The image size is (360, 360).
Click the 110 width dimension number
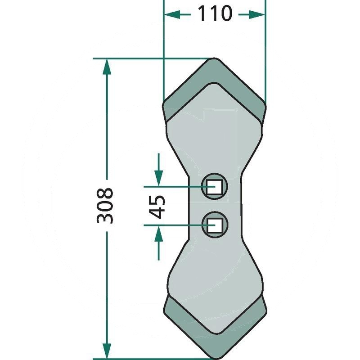pos(215,13)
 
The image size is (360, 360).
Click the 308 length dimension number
pos(105,206)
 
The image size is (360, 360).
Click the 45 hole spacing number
pos(157,207)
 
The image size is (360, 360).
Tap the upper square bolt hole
pos(214,187)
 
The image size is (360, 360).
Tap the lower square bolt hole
pos(215,225)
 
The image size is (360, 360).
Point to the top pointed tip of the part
pos(214,58)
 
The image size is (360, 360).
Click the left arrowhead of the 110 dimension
pos(172,15)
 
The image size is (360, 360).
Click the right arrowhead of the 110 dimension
pos(256,15)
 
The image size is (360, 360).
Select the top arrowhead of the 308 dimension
pos(107,67)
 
